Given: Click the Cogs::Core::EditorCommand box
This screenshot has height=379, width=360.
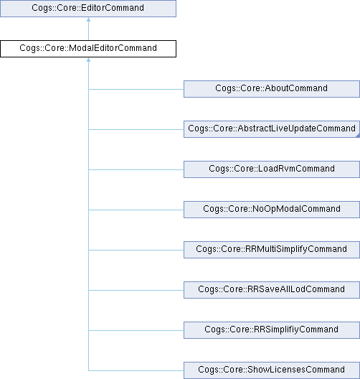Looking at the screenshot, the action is coord(88,9).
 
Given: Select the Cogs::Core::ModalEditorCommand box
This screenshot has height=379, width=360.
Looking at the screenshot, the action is coord(88,49).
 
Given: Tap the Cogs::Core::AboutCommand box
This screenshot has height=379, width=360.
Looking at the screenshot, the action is coord(272,89).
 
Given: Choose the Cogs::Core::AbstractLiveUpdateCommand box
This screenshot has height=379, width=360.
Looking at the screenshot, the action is coord(272,129).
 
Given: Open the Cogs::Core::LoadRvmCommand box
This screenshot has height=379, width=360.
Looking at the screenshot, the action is coord(272,169).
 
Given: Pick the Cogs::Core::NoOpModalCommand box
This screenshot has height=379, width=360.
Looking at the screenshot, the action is coord(272,210).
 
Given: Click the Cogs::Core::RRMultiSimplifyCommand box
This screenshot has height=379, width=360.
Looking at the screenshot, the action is coord(272,250).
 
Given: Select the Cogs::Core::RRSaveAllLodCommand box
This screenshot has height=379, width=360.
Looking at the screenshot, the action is coord(272,290).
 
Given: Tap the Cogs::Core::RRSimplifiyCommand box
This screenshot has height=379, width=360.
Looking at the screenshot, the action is coord(272,330).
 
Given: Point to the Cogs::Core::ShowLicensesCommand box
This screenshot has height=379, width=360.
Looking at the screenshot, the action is coord(272,370).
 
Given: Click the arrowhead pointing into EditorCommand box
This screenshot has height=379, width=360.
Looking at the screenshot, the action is coord(89,19).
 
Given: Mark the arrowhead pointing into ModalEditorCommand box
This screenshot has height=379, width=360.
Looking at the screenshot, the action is coord(89,60).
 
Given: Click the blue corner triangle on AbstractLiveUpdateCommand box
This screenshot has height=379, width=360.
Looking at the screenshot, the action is coord(358,136).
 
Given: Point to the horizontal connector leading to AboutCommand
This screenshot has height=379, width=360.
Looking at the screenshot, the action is coord(136,89).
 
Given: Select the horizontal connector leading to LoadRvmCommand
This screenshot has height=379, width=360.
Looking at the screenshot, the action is coord(136,169).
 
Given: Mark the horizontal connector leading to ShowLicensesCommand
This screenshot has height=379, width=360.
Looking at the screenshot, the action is coord(136,370).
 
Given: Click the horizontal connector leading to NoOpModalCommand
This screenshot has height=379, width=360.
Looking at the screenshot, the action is coord(136,210).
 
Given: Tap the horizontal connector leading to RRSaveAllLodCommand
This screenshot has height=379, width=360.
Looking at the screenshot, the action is coord(136,290).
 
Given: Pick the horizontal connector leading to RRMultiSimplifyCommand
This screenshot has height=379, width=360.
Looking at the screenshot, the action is coord(136,250).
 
